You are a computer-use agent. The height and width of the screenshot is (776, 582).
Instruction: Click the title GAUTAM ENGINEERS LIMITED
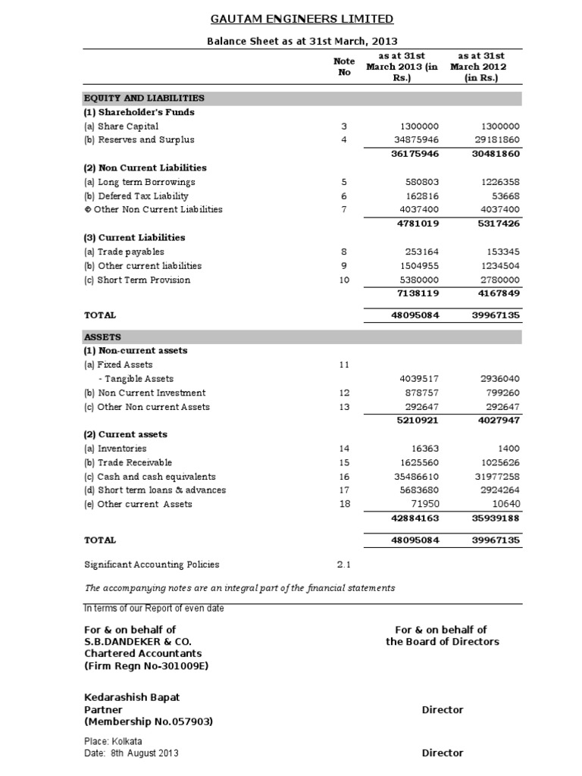(x=291, y=19)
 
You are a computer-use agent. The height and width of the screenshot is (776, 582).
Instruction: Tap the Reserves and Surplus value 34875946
(x=413, y=139)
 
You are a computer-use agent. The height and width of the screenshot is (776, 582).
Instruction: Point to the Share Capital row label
(x=121, y=126)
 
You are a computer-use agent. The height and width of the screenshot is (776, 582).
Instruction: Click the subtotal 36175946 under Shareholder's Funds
(x=414, y=154)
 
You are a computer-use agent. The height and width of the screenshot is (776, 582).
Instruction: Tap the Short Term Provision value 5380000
(x=418, y=280)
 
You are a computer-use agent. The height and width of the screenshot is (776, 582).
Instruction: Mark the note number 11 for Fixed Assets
(x=343, y=365)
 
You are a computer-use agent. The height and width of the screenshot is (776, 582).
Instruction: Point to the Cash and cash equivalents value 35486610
(x=414, y=477)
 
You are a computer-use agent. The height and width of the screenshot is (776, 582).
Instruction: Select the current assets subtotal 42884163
(x=414, y=519)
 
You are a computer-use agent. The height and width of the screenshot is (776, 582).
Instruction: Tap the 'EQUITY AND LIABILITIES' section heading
(x=144, y=98)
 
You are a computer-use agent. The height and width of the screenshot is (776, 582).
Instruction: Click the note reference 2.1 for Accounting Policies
(x=343, y=565)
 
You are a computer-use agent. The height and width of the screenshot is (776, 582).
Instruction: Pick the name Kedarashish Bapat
(x=132, y=696)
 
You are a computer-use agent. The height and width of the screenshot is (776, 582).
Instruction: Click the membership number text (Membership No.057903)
(x=148, y=722)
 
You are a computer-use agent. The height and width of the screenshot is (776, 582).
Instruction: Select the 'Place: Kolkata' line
(x=113, y=741)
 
